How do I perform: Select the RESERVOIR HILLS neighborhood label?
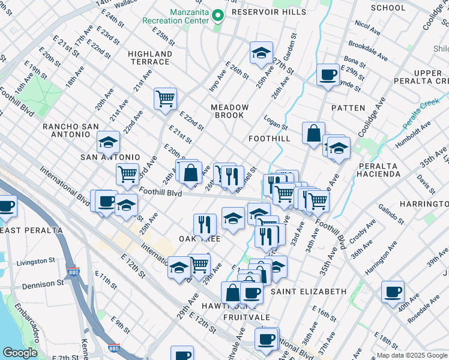point(268,12)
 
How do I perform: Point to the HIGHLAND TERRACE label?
point(150,58)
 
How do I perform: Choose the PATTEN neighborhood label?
point(348,108)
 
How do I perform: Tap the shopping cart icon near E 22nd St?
point(164,98)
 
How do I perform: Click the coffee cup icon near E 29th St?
point(328,75)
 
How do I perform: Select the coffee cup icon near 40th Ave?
point(393,293)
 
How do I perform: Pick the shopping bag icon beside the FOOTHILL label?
point(313,133)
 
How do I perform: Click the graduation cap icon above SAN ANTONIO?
point(108,142)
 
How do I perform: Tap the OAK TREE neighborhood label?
point(200,239)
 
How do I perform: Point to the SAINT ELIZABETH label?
point(308,292)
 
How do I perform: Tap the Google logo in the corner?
point(20,353)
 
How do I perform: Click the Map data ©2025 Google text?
point(411,355)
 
